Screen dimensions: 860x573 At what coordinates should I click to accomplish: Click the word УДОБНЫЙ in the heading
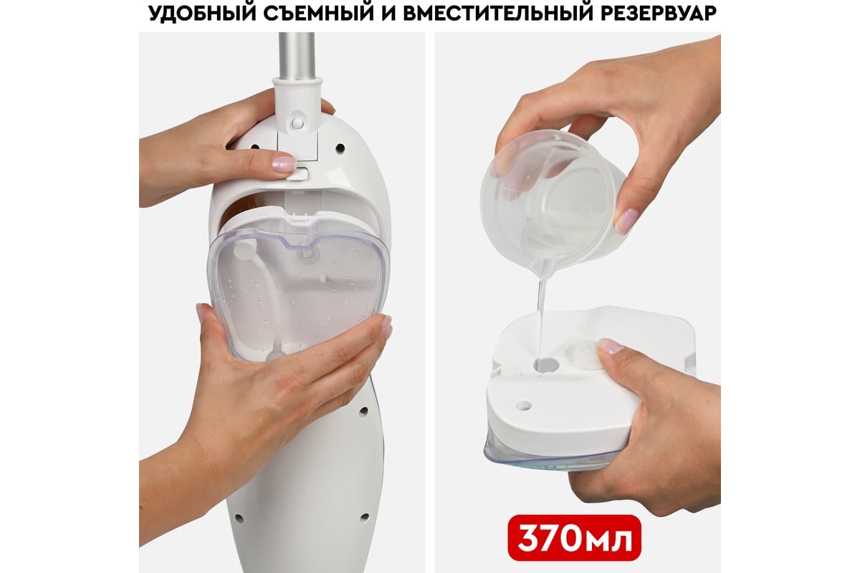(202, 12)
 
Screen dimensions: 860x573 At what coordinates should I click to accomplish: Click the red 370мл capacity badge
(574, 538)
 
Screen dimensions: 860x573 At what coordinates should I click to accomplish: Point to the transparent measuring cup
(553, 200)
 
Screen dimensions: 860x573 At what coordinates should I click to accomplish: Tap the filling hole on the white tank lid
(547, 365)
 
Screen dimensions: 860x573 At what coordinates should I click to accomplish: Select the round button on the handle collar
(297, 122)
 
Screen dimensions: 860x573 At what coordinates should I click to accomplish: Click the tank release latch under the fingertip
(298, 173)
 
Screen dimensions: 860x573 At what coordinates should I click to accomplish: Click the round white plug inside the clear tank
(243, 250)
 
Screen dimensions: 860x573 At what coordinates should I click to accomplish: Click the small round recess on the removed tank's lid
(524, 405)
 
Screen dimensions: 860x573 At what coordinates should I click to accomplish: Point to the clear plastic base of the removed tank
(549, 457)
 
